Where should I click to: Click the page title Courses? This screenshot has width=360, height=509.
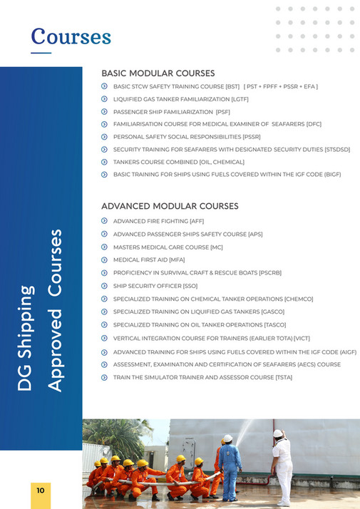coord(71,36)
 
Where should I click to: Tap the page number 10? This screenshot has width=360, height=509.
coord(41,490)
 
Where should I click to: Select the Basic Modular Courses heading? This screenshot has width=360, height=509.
coord(158,73)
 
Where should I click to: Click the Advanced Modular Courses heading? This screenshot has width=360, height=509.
coord(170,206)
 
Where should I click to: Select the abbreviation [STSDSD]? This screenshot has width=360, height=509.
coord(337,149)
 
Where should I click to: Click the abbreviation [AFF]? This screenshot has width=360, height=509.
coord(197,221)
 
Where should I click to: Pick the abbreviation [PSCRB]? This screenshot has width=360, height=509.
coord(270,273)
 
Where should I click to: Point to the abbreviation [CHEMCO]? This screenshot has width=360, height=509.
coord(298,299)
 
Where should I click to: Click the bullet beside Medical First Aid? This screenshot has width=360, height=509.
coord(104,259)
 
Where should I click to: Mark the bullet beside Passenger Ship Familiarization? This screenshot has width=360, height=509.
coord(104,111)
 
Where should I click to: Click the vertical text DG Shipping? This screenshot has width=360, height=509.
coord(26,338)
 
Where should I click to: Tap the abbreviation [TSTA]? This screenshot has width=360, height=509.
coord(280,377)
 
